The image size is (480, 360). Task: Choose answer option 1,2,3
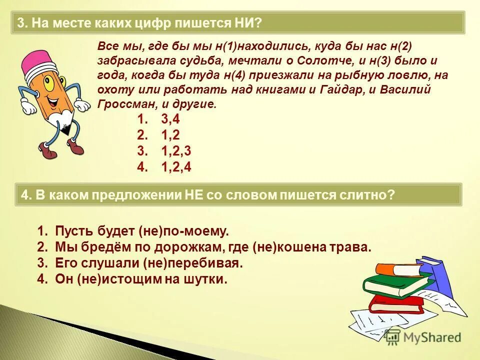pyautogui.click(x=176, y=151)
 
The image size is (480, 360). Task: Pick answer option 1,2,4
pyautogui.click(x=176, y=167)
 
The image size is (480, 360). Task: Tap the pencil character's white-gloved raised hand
pyautogui.click(x=81, y=104)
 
